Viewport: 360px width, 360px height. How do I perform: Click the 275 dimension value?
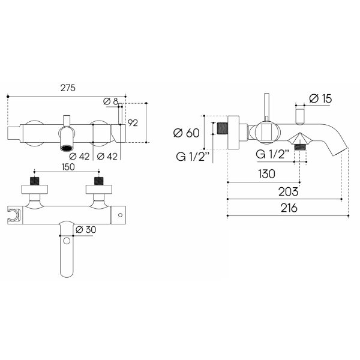point(68,88)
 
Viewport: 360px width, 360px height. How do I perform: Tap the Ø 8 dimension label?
point(110,101)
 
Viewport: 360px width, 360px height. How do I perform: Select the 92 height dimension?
point(133,123)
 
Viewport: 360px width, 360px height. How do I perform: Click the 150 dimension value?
point(68,167)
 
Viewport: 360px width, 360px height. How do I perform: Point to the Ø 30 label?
point(86,230)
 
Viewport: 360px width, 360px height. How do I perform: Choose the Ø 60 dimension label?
point(186,133)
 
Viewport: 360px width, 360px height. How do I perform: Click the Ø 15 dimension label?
point(320,99)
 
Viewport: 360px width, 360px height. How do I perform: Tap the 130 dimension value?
point(266,174)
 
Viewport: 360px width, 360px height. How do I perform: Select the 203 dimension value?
point(289,192)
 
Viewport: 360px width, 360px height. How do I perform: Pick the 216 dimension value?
point(289,208)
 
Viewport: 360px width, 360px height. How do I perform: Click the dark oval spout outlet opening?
point(67,148)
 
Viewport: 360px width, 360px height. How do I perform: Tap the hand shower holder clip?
point(14,215)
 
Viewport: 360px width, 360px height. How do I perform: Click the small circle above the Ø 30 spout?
point(67,241)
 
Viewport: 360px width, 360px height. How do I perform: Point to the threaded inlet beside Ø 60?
point(222,131)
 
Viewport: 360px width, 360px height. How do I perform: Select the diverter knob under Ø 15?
point(300,117)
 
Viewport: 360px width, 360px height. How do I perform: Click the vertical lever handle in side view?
point(266,107)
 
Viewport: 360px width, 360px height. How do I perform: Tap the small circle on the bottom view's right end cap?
point(121,215)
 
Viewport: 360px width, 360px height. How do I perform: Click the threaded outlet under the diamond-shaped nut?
point(300,147)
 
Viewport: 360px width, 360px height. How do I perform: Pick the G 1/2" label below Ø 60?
point(193,157)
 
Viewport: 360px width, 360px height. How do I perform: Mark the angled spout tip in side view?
point(340,152)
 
